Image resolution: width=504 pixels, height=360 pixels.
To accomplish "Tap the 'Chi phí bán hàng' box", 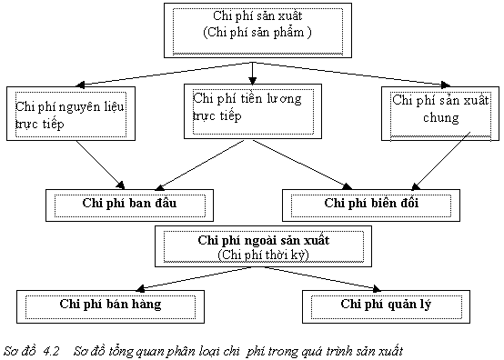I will pos(109,304).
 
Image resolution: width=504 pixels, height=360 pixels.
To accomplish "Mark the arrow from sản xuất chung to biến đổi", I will pos(436,163).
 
